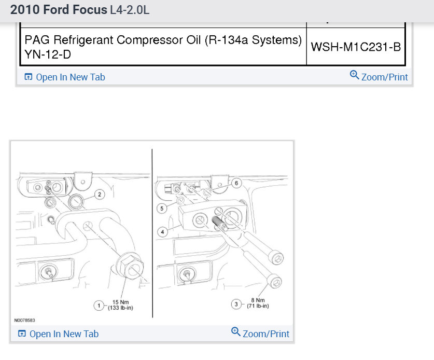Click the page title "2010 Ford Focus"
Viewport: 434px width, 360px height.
coord(59,10)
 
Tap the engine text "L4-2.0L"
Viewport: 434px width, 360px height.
coord(130,10)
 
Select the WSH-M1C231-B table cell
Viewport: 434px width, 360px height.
coord(356,47)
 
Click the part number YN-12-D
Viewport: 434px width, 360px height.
coord(48,54)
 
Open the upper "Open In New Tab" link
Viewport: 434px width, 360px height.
coord(65,77)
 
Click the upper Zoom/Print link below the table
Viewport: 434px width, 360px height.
coord(379,76)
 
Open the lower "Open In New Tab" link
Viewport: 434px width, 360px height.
coord(58,334)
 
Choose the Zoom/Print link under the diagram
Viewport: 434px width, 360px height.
coord(260,333)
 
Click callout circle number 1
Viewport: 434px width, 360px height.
coord(99,306)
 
